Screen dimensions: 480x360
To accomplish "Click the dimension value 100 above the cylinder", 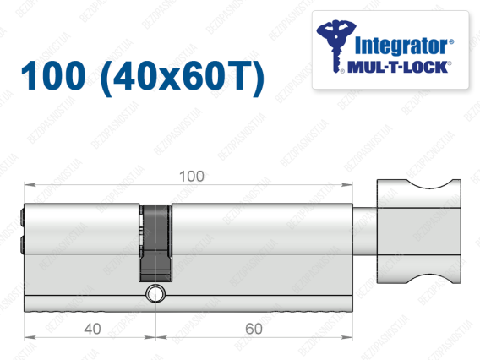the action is pyautogui.click(x=192, y=177).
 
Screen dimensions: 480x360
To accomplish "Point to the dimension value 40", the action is pyautogui.click(x=92, y=329).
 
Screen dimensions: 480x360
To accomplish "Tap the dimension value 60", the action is pyautogui.click(x=254, y=329).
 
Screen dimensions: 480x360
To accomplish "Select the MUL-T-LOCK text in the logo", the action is pyautogui.click(x=398, y=67).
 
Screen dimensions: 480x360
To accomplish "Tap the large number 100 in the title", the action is pyautogui.click(x=53, y=75).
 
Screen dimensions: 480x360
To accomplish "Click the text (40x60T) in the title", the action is pyautogui.click(x=183, y=77).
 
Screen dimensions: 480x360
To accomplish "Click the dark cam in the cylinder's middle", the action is pyautogui.click(x=155, y=243).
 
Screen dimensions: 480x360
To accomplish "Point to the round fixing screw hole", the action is pyautogui.click(x=155, y=293).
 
